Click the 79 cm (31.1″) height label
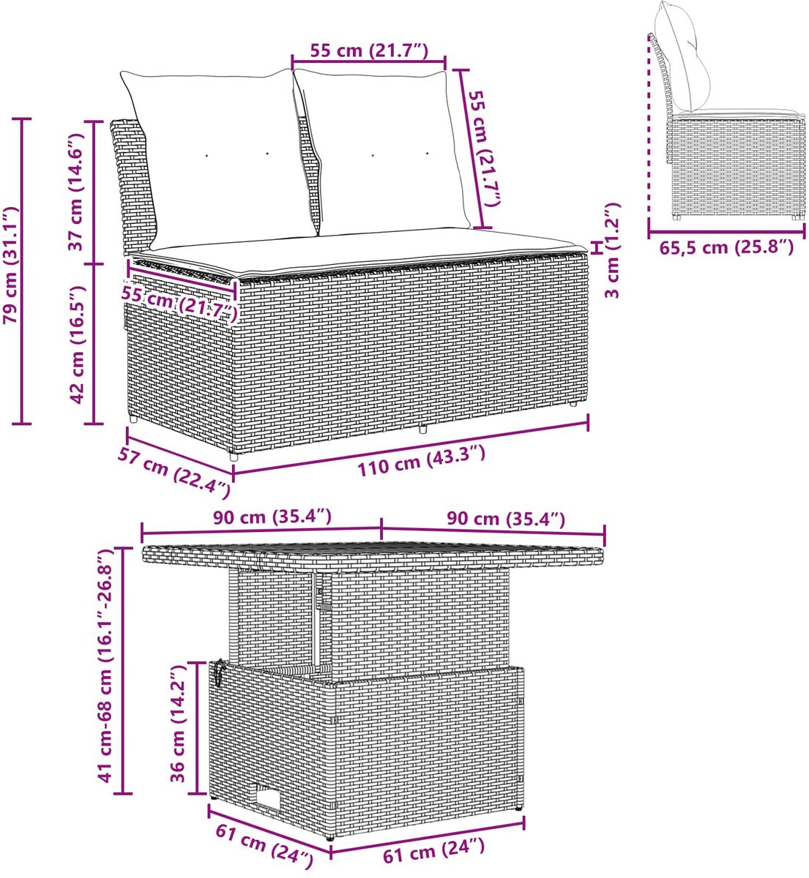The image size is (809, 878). coord(11,266)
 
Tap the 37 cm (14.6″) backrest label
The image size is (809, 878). coord(76,192)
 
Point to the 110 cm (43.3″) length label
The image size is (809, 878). coord(422,460)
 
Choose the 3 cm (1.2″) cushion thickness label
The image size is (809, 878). coord(612,250)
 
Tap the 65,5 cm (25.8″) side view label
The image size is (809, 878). coord(727,248)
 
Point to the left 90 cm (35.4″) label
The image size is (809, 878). coord(272,517)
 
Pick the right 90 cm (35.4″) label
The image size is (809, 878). coord(506,519)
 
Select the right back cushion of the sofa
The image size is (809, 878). coord(383,151)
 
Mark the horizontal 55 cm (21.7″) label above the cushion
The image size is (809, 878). coord(369,51)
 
